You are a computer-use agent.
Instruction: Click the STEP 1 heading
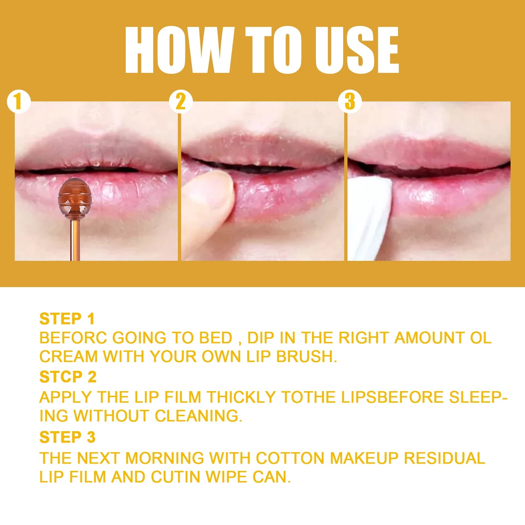(x=67, y=319)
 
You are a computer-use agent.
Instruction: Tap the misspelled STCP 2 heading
(x=68, y=377)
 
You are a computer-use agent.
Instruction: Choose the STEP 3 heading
(x=67, y=437)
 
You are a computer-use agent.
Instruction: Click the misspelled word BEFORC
(x=73, y=338)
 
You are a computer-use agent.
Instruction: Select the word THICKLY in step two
(x=241, y=397)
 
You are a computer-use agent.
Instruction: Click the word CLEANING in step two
(x=198, y=416)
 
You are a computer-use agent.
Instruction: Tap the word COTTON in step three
(x=290, y=458)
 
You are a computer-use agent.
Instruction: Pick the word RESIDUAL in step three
(x=444, y=458)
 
